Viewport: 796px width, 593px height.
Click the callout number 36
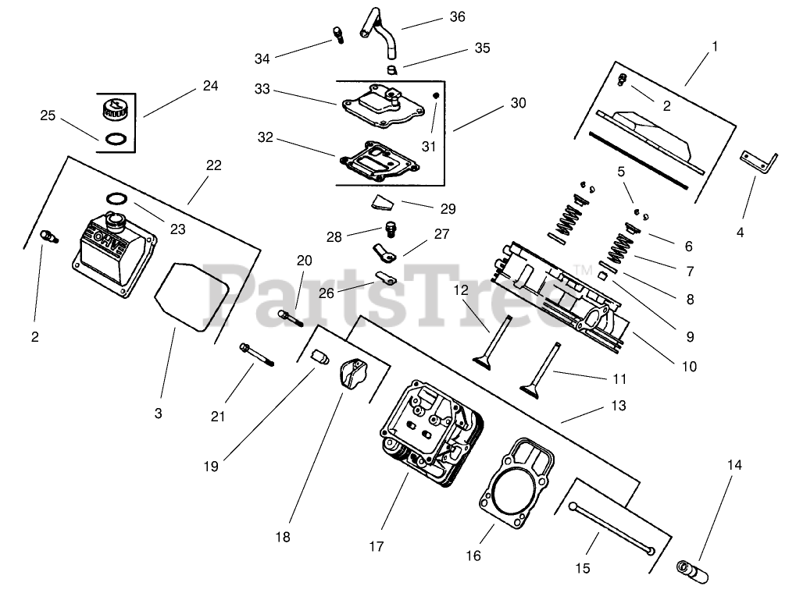pos(458,16)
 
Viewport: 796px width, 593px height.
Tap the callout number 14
pos(734,465)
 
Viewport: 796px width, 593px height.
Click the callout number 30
pos(519,103)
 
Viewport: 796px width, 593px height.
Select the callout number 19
pos(210,466)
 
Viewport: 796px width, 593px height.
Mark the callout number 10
pos(689,366)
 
